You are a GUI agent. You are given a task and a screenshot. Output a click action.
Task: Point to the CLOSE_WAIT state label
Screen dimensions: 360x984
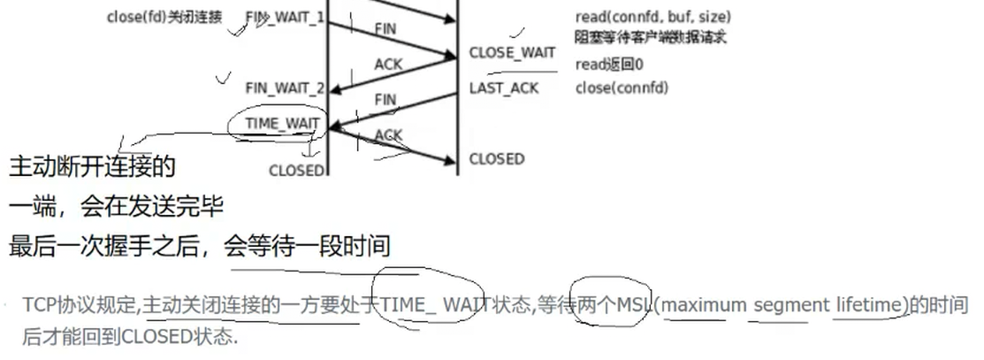pyautogui.click(x=513, y=53)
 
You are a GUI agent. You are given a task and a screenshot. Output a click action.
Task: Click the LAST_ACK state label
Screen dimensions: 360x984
pyautogui.click(x=504, y=88)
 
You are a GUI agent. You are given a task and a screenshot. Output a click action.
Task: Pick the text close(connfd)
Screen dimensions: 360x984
pyautogui.click(x=622, y=88)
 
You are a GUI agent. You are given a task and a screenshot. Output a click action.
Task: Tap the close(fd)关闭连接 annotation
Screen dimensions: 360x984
pyautogui.click(x=164, y=17)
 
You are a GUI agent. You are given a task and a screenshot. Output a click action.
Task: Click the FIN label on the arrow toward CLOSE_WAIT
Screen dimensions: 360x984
pyautogui.click(x=385, y=29)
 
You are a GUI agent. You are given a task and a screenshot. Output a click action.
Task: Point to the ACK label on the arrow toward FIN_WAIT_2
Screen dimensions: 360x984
pyautogui.click(x=387, y=64)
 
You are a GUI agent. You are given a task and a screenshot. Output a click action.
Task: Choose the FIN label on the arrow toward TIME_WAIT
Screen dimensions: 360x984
pyautogui.click(x=385, y=100)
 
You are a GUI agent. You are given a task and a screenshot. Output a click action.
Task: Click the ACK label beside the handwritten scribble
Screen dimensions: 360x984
pyautogui.click(x=388, y=134)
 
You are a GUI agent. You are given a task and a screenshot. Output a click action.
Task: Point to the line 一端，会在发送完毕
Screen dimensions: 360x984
pyautogui.click(x=116, y=207)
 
